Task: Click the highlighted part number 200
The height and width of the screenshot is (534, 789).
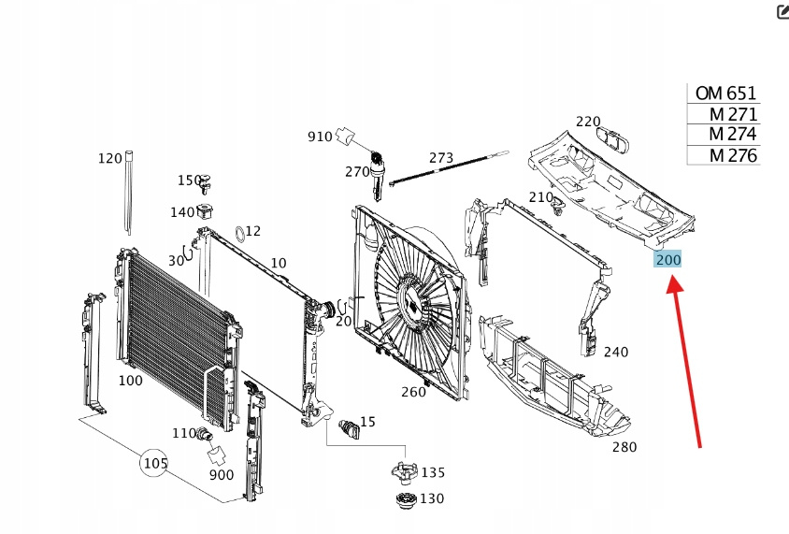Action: [668, 259]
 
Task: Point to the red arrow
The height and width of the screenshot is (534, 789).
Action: [685, 364]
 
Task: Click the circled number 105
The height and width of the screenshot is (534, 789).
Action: [155, 462]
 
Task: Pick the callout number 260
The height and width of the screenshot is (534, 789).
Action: [413, 392]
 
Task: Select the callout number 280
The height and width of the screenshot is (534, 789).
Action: [624, 447]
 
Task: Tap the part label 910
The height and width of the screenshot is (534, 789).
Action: [320, 137]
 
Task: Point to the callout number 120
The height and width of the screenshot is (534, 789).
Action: [110, 159]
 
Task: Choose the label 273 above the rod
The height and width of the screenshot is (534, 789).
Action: [441, 157]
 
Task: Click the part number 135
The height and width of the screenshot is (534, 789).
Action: [433, 472]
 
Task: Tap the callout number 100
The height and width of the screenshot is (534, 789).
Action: [131, 381]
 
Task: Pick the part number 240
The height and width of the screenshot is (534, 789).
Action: [616, 352]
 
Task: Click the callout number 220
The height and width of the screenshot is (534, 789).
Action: [587, 122]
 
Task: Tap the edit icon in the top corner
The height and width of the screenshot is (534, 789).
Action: [782, 11]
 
